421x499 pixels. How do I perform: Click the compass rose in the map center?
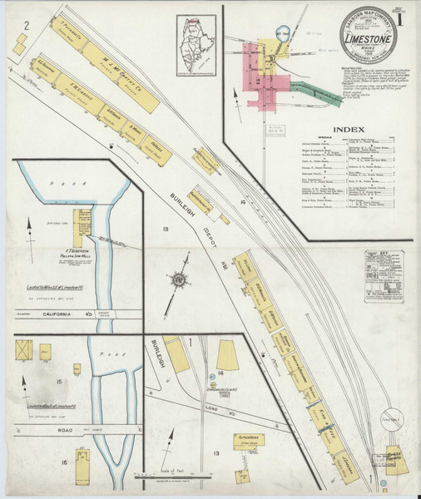click(x=178, y=279)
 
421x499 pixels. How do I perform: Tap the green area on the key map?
click(x=316, y=91)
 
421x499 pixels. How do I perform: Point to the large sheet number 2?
click(x=27, y=26)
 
